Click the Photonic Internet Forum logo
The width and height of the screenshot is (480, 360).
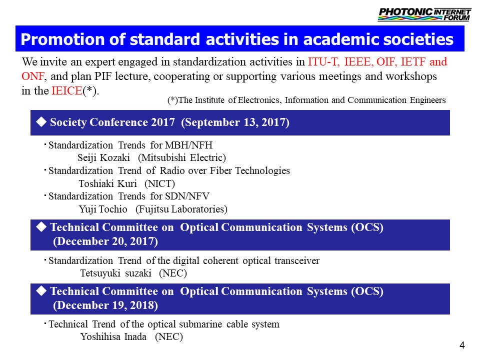424,14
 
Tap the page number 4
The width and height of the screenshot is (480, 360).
462,345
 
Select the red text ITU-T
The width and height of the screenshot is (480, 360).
323,62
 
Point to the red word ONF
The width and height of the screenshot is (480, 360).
33,76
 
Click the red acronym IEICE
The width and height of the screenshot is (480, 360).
66,90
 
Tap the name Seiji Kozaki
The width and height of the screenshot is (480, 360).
104,157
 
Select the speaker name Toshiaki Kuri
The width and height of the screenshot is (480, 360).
108,183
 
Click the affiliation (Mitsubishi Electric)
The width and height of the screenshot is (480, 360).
182,157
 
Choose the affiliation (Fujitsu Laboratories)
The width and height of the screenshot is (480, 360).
181,209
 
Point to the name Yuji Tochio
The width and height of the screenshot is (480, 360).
103,209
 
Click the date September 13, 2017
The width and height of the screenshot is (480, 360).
235,122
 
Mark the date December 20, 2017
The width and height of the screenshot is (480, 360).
105,241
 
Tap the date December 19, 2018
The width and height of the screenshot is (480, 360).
105,305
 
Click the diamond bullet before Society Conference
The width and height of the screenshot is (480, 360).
41,122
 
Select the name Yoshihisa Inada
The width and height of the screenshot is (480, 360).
113,336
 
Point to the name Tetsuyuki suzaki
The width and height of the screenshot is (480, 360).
115,273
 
